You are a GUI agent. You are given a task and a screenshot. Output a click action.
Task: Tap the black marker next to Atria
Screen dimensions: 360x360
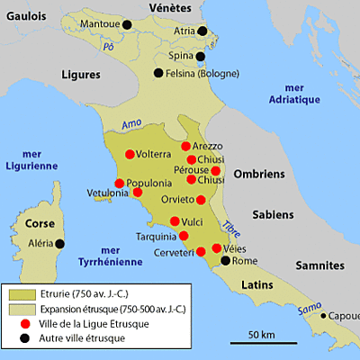(202, 31)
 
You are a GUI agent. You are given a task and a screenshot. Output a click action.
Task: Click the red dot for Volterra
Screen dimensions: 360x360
(130, 153)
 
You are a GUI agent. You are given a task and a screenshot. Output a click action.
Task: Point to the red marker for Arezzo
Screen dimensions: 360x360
(185, 146)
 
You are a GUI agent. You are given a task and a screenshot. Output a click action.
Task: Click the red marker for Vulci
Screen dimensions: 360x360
(175, 221)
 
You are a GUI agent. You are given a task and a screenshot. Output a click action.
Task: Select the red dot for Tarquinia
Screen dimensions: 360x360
(184, 237)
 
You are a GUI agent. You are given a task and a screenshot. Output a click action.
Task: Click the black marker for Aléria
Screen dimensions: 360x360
(60, 243)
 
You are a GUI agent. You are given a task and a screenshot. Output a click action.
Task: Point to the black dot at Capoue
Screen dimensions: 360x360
(327, 316)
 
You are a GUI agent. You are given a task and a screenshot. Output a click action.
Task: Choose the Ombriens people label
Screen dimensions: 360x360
(257, 174)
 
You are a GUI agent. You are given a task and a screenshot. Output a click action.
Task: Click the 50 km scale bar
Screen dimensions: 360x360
(260, 341)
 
